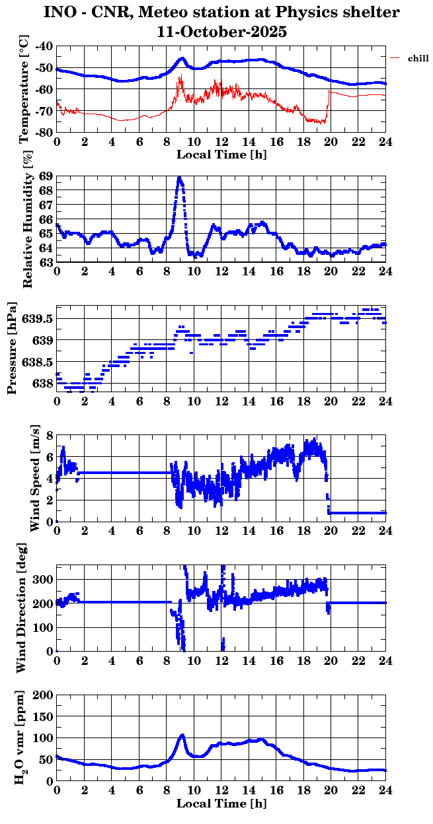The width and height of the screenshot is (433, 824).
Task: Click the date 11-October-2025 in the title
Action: pos(221,30)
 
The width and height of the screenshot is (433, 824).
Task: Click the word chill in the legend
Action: pos(418,59)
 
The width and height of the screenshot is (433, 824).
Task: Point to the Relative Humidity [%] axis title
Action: pos(27,220)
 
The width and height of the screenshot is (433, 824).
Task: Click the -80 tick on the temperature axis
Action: pos(44,132)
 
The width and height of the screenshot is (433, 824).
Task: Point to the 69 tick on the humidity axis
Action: pos(46,176)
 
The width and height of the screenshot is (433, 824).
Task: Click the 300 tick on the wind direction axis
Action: pos(42,579)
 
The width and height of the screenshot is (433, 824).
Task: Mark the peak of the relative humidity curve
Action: pos(179,178)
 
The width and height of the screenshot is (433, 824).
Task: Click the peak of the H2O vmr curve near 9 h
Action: pos(182,735)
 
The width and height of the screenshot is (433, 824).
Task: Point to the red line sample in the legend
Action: pos(395,58)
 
